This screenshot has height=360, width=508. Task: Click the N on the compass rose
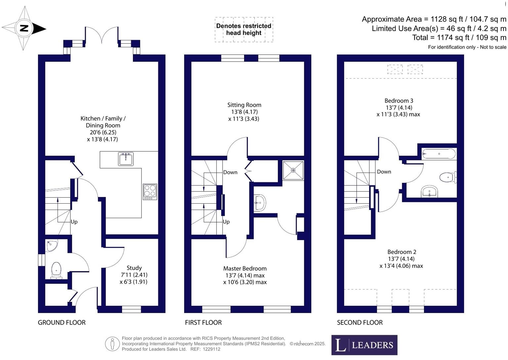coord(24,28)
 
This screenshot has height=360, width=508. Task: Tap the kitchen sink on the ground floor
coord(126,159)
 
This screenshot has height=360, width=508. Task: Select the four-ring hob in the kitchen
coord(150,192)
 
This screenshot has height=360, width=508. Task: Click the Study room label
coord(134,268)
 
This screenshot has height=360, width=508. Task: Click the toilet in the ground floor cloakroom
coord(56,270)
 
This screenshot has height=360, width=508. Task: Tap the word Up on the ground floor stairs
coord(74,222)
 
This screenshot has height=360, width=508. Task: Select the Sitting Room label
coord(244,105)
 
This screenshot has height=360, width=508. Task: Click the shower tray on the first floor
coord(293,171)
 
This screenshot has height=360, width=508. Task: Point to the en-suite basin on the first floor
coord(259,203)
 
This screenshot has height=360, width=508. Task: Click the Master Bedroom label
coord(245,268)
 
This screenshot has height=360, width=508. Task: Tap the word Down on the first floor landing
coord(230,172)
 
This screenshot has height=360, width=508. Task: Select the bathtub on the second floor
coord(439,154)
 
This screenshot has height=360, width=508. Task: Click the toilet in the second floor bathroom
coord(448,177)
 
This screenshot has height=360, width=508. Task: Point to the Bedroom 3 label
coord(399,100)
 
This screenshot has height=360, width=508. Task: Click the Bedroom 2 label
coord(402,252)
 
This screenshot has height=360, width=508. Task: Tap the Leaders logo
coord(364,345)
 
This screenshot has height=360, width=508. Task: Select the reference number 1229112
coord(212,349)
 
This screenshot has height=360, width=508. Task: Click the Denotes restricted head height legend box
coord(244,29)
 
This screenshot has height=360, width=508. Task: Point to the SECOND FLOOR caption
coord(360,322)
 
